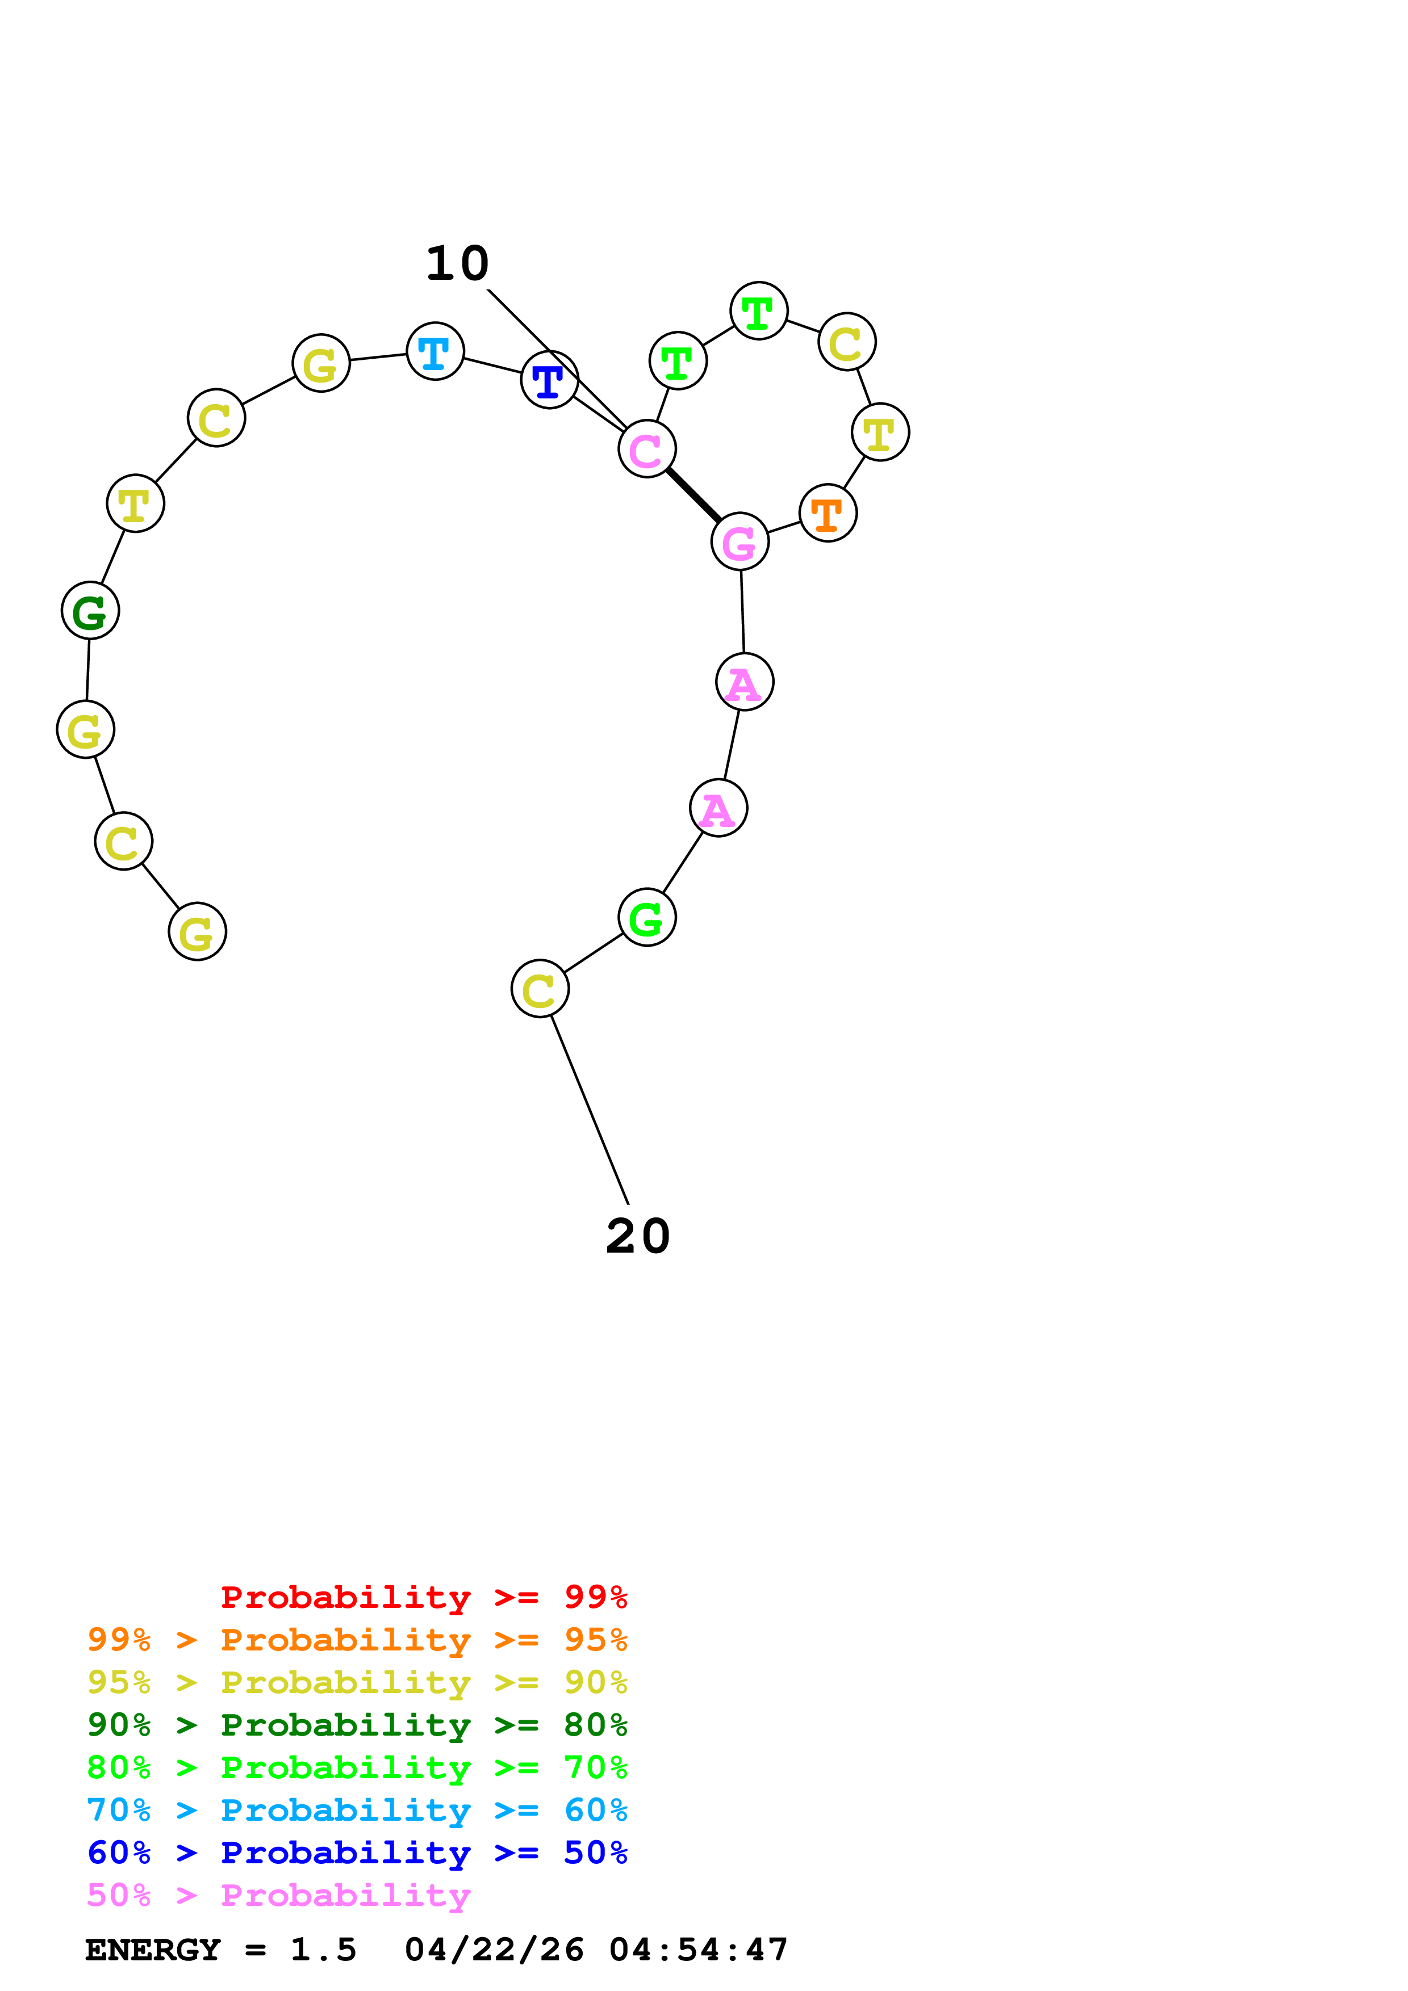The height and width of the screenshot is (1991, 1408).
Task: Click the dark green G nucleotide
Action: [x=90, y=611]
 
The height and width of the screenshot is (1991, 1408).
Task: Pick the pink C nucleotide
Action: [x=646, y=449]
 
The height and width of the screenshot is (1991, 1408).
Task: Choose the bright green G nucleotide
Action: [x=646, y=917]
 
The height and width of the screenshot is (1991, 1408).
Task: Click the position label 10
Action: [x=457, y=263]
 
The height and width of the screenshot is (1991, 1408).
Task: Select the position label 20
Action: [x=638, y=1237]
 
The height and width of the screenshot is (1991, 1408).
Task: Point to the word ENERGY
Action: [x=153, y=1950]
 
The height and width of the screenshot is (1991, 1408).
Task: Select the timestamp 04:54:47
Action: [x=699, y=1950]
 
